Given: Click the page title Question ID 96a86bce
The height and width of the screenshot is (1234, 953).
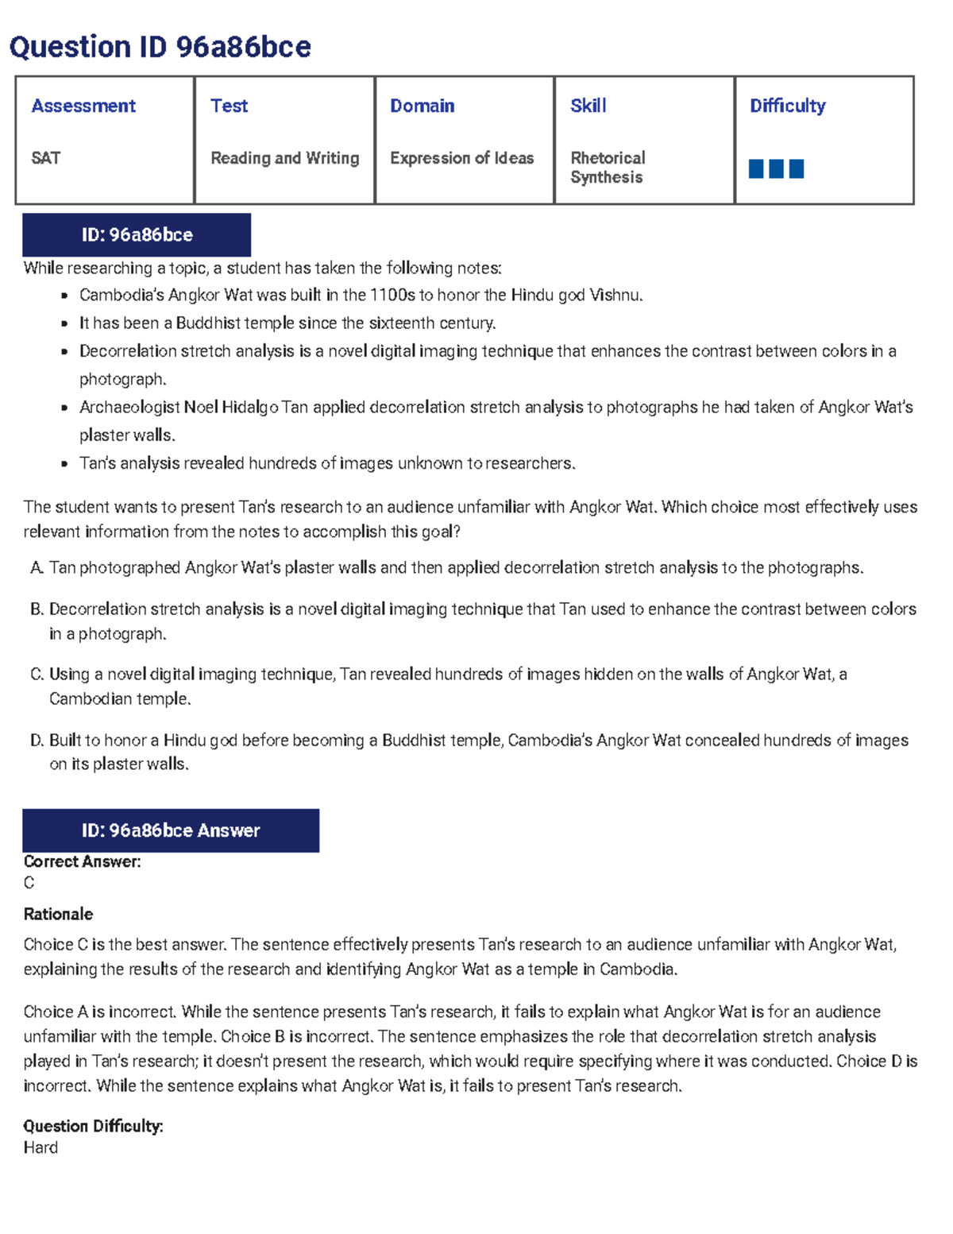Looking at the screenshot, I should click(x=160, y=47).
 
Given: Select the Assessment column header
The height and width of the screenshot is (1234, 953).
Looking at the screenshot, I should click(x=83, y=106).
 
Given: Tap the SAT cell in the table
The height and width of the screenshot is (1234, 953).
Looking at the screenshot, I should click(x=45, y=158).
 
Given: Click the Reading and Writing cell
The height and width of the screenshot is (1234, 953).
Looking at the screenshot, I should click(x=284, y=158).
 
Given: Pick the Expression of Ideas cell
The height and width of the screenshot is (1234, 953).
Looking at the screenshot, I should click(x=461, y=158).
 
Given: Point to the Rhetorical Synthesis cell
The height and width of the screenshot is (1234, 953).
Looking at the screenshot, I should click(x=608, y=168).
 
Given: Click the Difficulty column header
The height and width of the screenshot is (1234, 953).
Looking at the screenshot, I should click(x=787, y=106).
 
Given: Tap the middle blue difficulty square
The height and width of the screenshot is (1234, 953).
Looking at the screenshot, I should click(x=776, y=168).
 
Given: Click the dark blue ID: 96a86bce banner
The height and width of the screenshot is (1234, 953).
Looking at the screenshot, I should click(x=137, y=235).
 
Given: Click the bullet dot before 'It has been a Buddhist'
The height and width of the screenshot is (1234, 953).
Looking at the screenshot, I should click(x=64, y=324).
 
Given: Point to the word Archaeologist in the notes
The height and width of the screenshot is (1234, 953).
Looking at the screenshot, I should click(x=129, y=408).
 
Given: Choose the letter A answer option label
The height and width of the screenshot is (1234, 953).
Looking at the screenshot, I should click(x=36, y=568).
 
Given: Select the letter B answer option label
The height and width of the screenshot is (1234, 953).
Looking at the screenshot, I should click(x=36, y=609).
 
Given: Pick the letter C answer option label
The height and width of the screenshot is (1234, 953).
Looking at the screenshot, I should click(x=36, y=675).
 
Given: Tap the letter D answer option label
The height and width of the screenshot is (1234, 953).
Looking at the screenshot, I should click(x=36, y=741).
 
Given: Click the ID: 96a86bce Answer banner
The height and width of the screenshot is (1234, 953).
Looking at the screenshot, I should click(x=171, y=830).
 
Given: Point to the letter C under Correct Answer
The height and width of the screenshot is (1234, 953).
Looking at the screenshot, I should click(x=29, y=883).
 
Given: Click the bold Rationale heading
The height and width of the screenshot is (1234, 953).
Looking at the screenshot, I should click(x=58, y=914).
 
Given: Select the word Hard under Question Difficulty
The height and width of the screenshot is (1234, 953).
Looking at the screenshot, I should click(x=41, y=1147).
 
